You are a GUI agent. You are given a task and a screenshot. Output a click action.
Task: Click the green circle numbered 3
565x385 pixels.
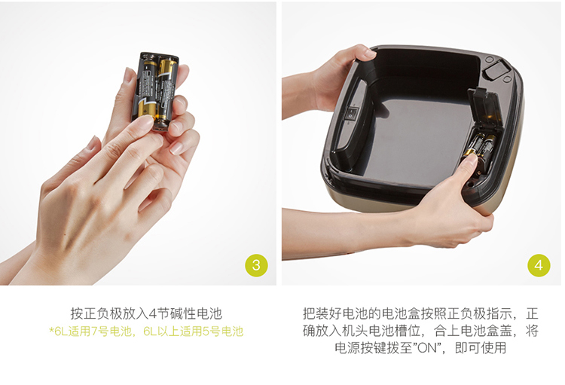(256, 265)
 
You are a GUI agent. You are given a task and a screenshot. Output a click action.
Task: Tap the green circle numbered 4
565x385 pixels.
(539, 265)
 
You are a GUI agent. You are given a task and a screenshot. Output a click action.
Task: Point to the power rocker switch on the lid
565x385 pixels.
(350, 114)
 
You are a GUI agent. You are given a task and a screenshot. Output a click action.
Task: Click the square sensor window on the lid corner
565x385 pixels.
(494, 70)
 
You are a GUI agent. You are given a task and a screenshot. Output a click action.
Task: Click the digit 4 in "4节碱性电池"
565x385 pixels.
(152, 313)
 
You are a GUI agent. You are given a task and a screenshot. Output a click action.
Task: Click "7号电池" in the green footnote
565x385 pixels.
(111, 332)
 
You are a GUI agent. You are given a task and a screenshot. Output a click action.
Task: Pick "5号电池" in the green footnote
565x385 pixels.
(223, 332)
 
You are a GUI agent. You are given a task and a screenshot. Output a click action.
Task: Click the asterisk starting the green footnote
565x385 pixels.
(51, 329)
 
